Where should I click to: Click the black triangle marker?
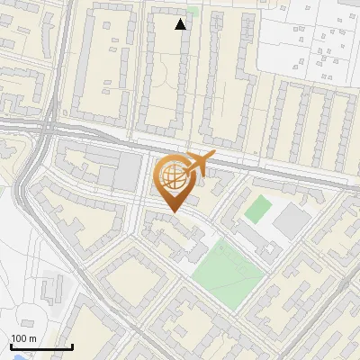(181, 24)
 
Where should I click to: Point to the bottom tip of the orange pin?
(172, 212)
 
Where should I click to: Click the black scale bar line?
(41, 346)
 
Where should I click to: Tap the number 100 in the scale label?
(20, 338)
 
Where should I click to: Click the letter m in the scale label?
(32, 338)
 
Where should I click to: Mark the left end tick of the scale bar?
(11, 345)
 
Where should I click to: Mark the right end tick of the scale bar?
(72, 345)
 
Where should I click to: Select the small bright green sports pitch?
(257, 210)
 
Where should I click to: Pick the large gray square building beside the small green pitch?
(290, 219)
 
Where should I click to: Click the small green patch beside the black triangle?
(192, 11)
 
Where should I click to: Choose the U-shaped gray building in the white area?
(51, 286)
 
